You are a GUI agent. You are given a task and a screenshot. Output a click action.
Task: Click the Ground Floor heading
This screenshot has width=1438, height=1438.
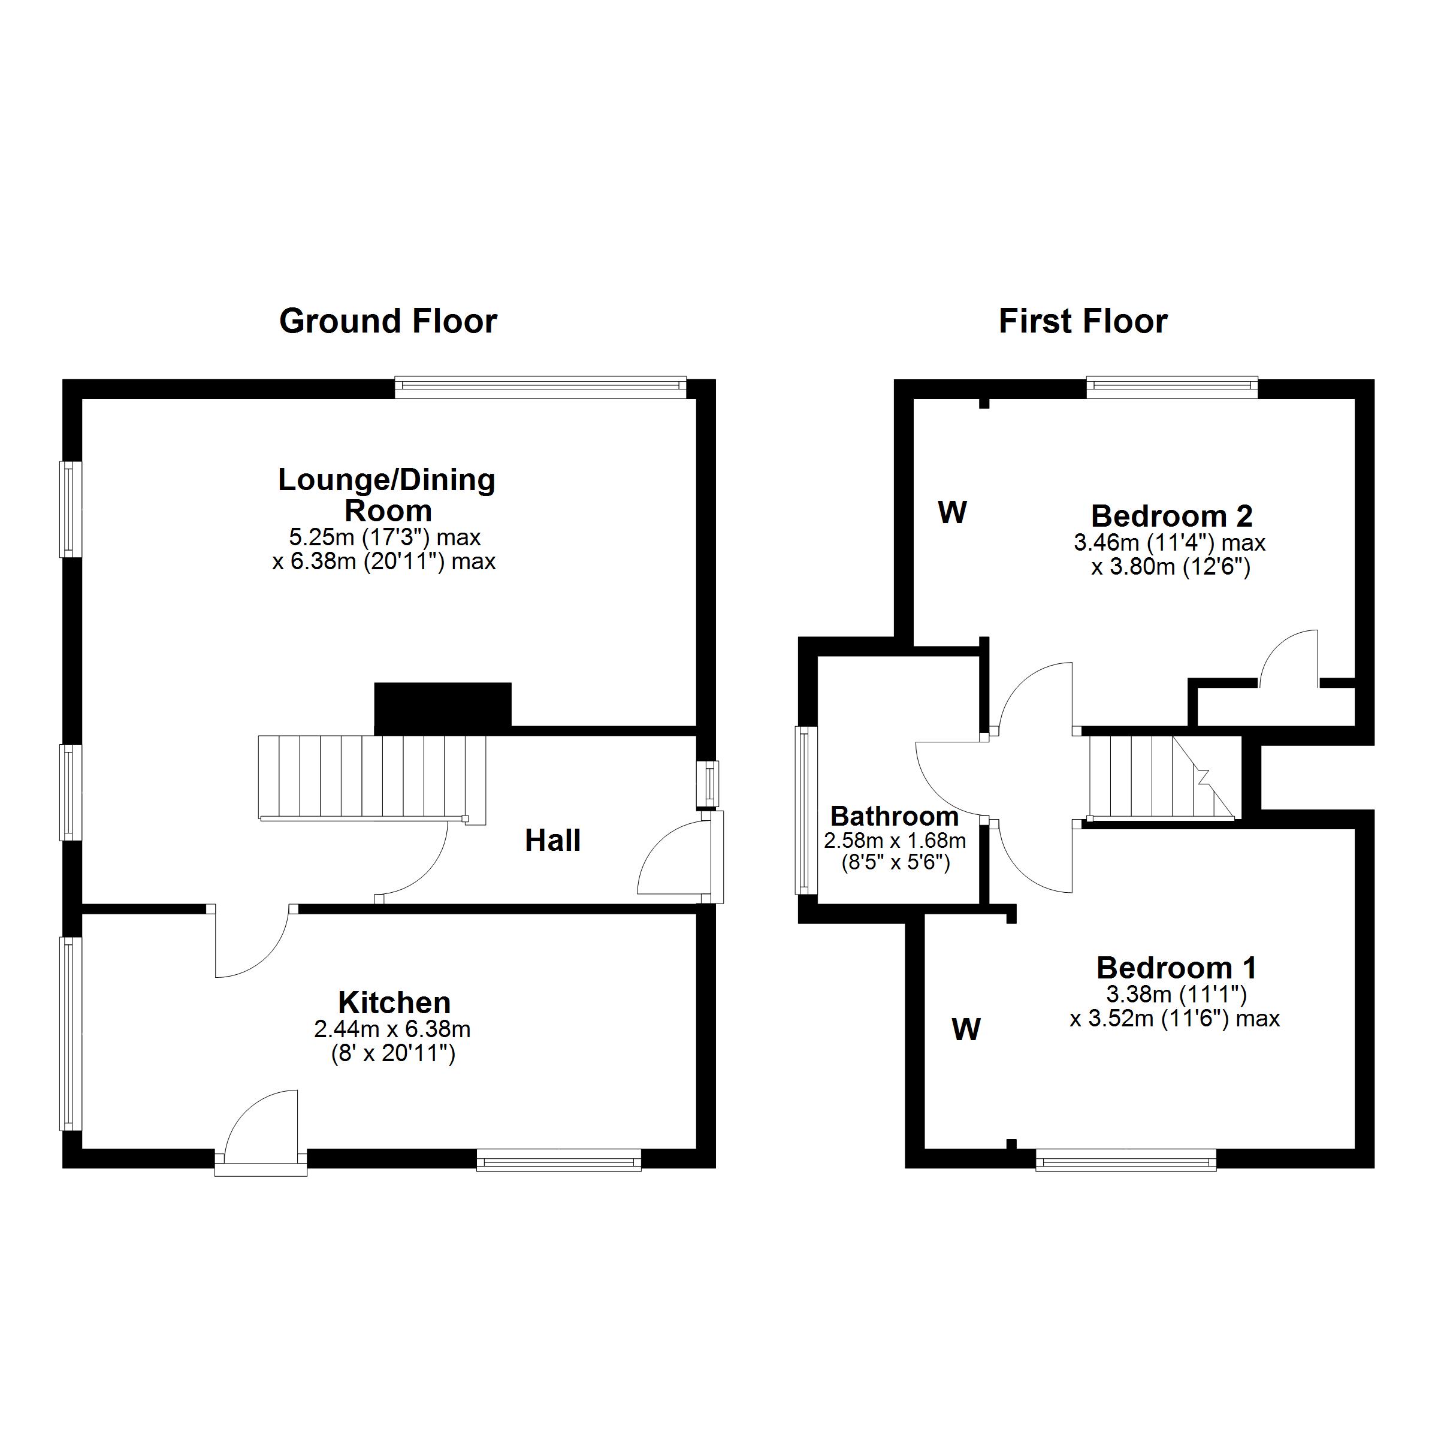click(388, 322)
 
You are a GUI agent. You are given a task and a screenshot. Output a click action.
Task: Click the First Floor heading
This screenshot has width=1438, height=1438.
click(1083, 322)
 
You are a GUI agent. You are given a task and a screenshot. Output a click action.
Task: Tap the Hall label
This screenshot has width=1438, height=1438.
click(552, 841)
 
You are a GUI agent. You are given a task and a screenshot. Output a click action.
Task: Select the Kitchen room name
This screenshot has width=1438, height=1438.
click(394, 1002)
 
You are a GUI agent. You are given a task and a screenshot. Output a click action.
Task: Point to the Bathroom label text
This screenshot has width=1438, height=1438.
click(894, 817)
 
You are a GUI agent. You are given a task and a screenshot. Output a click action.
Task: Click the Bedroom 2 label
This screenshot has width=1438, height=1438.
click(1171, 516)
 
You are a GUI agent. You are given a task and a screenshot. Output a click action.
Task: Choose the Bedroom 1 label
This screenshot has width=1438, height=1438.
click(1177, 968)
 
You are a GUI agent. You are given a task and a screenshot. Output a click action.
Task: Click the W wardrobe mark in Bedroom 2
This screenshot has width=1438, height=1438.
click(952, 512)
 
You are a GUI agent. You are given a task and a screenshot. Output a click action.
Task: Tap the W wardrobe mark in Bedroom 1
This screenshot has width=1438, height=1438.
click(965, 1029)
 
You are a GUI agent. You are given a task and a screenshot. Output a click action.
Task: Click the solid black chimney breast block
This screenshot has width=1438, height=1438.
click(443, 707)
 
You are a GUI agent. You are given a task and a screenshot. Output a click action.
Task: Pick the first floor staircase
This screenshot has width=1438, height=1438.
click(1161, 777)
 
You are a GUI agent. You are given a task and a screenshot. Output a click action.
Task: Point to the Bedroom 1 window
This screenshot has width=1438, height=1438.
click(1125, 1161)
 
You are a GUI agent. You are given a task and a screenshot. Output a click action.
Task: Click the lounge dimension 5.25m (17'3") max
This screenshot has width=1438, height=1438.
click(385, 537)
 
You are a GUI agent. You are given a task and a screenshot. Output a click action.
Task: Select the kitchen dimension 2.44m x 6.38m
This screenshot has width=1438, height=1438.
click(392, 1029)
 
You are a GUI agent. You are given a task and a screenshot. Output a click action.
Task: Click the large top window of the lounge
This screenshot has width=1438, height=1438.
click(540, 385)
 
